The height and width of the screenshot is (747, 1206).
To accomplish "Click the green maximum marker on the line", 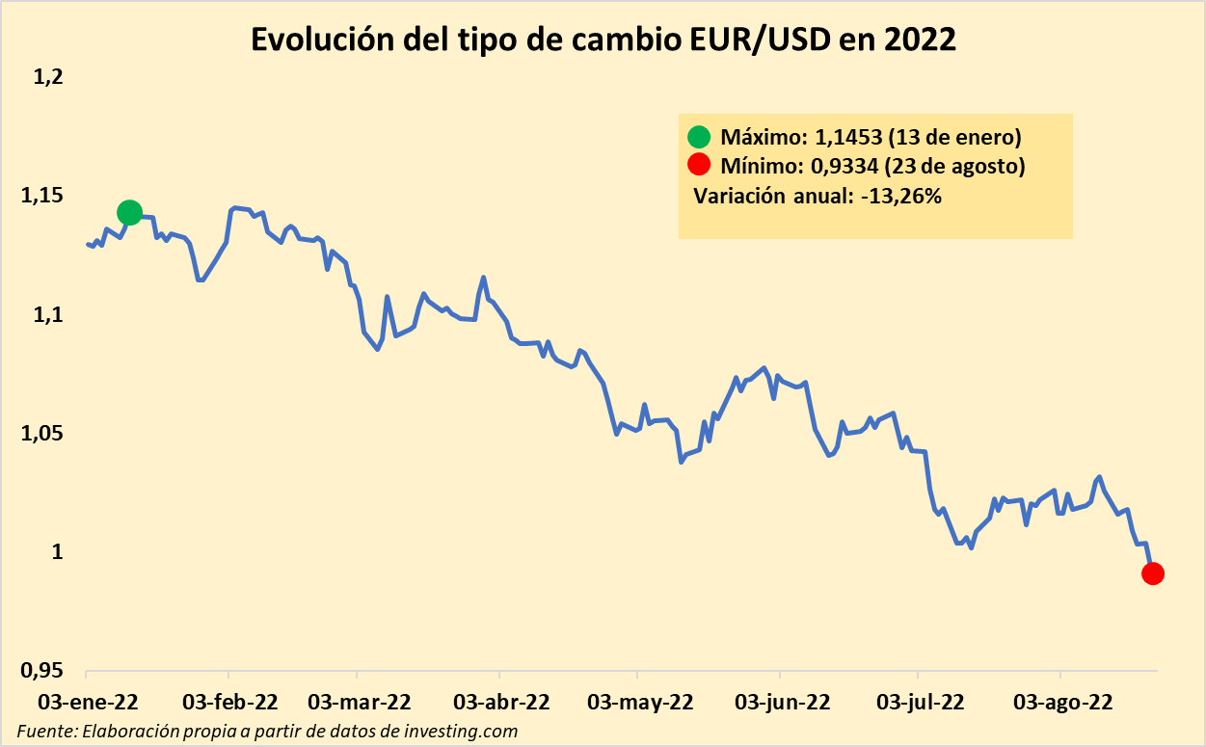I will point(129,212).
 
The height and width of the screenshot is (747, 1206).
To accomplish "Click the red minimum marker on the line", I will point(1153,574).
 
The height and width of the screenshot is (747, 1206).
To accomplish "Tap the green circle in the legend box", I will point(698,136).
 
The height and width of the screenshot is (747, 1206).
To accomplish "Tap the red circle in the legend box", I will point(698,165).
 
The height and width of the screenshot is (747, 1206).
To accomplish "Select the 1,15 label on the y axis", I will point(40,196).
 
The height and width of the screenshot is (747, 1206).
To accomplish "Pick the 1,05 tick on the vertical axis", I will point(40,434).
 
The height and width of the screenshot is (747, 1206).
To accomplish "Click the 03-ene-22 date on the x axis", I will point(87,701).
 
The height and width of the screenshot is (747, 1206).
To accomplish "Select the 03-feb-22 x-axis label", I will point(229,701).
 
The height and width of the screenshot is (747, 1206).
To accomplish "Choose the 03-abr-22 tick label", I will point(501,701).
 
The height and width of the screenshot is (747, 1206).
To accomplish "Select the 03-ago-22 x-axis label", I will point(1060,701).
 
